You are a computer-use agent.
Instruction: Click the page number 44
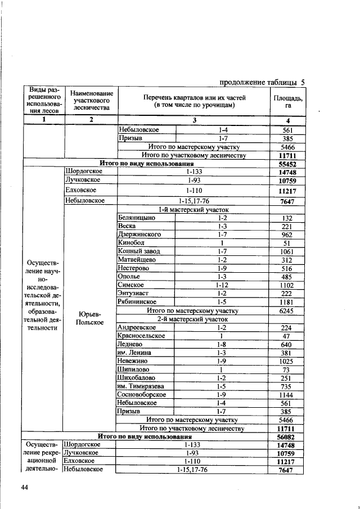[25, 487]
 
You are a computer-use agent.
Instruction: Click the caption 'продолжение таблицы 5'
[262, 82]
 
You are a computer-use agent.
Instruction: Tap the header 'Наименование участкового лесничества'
[89, 101]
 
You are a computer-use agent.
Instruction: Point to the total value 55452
[287, 164]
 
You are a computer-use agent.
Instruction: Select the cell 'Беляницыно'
[136, 217]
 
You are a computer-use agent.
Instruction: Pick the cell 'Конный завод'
[139, 251]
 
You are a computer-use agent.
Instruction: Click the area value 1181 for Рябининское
[287, 301]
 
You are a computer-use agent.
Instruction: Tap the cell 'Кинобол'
[131, 242]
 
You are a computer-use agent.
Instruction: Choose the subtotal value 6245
[287, 310]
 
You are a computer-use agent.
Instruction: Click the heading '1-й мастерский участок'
[193, 209]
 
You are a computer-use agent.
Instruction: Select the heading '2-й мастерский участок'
[193, 319]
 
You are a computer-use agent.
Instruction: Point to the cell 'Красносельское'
[141, 336]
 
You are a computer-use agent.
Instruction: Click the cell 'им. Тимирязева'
[141, 386]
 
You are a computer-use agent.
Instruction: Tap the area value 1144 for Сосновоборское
[287, 395]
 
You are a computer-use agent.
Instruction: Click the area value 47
[287, 336]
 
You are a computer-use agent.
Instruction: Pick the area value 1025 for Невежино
[287, 361]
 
